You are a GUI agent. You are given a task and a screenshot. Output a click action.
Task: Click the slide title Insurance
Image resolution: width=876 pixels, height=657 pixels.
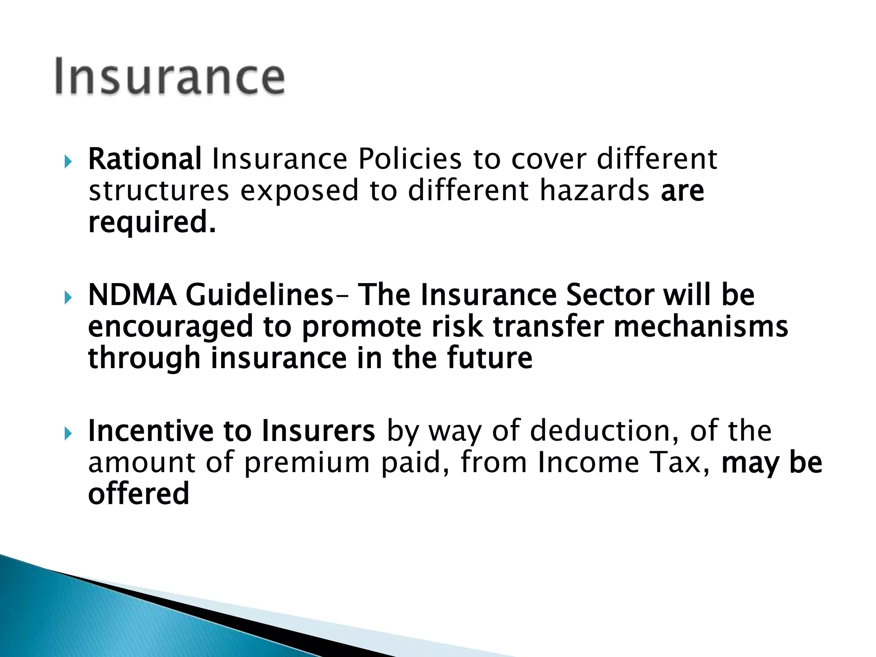pos(170,77)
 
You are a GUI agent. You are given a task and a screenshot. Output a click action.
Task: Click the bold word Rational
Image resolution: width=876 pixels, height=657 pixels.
pos(145,159)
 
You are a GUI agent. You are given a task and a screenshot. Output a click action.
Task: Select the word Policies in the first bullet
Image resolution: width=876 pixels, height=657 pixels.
pos(410,159)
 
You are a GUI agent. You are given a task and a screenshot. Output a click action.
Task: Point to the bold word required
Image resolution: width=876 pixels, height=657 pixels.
pos(152,222)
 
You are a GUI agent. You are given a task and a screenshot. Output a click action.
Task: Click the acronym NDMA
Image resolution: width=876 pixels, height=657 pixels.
pos(132,295)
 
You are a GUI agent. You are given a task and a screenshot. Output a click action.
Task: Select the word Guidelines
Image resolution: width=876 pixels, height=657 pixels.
pos(259,295)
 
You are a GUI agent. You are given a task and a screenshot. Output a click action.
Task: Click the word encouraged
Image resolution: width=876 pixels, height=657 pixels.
pos(170,327)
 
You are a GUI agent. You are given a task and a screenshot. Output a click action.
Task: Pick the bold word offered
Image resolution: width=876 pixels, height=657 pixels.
pos(139,494)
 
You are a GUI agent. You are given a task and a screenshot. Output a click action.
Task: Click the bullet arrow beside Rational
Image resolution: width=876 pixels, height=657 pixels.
pos(68,162)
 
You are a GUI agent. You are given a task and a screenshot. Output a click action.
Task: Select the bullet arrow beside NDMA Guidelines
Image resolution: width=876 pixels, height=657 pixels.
pos(68,297)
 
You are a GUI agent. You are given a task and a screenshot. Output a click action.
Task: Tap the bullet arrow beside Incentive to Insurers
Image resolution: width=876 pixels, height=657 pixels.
pos(68,434)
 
